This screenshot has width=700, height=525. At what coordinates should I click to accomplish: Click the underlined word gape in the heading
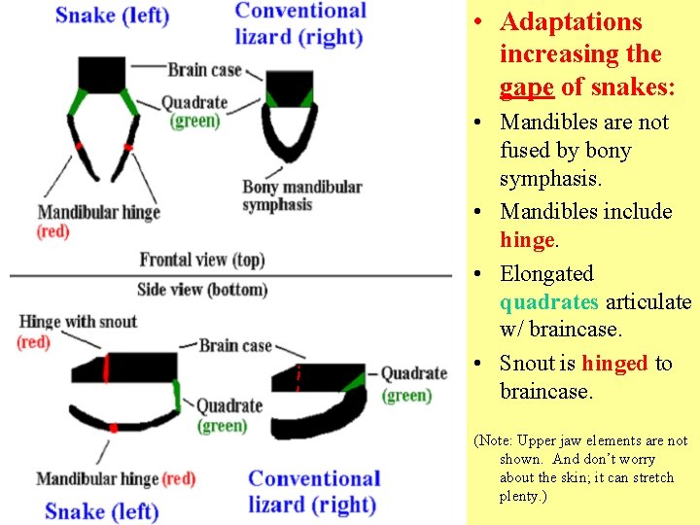tap(526, 87)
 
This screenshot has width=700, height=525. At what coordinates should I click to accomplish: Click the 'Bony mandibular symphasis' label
tap(301, 195)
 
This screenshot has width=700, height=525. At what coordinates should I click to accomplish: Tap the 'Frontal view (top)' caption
tap(202, 260)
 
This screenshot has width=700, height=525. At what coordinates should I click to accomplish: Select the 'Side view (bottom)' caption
tap(202, 290)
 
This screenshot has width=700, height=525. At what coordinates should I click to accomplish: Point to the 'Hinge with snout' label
tap(78, 322)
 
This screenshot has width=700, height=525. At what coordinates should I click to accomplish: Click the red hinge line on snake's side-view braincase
tap(107, 368)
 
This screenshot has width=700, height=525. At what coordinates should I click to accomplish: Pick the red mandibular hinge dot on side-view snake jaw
tap(114, 428)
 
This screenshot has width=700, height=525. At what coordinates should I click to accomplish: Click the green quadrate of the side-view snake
tap(177, 395)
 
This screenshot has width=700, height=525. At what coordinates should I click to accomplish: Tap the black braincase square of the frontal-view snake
tap(101, 75)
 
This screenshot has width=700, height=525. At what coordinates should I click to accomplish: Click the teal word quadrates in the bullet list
tap(549, 302)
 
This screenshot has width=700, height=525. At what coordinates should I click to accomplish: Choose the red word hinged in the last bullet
tap(614, 364)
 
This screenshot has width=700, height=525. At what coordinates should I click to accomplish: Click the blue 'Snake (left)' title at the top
tap(112, 16)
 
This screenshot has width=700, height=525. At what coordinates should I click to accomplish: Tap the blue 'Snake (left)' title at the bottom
tap(101, 511)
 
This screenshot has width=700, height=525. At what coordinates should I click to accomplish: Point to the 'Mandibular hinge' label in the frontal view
tap(98, 212)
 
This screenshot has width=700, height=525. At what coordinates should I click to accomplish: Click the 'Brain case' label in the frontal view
tap(203, 70)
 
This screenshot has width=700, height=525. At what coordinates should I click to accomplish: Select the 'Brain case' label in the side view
tap(235, 345)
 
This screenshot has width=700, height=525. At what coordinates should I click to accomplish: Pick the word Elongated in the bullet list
tap(546, 274)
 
